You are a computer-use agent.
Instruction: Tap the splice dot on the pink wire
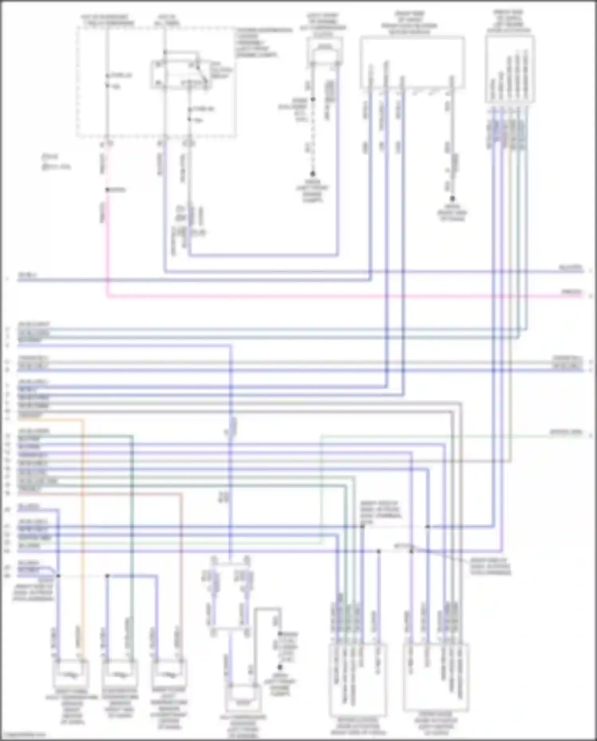[x=107, y=190]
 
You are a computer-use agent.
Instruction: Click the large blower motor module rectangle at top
[x=412, y=62]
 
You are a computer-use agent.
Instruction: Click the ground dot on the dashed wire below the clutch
[x=313, y=174]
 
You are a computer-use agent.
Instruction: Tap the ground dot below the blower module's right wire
[x=452, y=198]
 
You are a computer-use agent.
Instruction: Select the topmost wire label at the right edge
[x=571, y=268]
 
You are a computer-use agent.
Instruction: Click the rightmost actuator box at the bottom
[x=436, y=677]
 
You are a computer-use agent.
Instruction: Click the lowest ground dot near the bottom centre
[x=280, y=667]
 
